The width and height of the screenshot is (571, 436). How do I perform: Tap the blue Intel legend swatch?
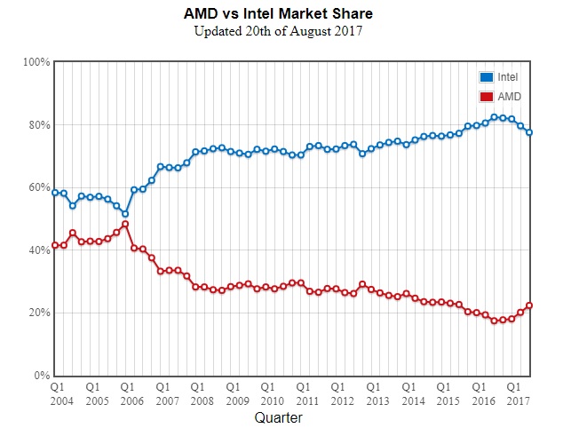487,77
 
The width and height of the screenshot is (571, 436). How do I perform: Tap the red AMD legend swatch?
487,96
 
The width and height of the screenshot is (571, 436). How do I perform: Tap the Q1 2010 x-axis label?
266,394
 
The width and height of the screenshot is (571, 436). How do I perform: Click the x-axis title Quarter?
279,416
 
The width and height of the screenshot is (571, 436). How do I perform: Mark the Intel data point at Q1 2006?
125,214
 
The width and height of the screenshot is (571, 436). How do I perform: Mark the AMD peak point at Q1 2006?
125,224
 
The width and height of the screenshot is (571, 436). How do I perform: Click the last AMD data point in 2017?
529,305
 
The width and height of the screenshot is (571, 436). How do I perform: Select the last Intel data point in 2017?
529,132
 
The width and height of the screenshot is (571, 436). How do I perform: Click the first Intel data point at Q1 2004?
55,193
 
